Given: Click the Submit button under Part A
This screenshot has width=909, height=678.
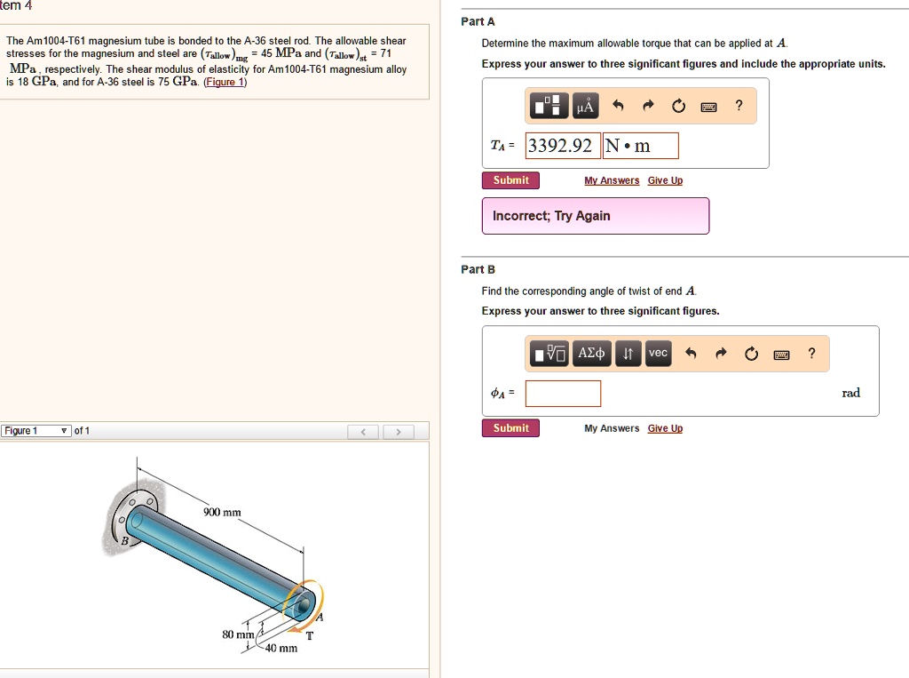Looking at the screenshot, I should pyautogui.click(x=510, y=180).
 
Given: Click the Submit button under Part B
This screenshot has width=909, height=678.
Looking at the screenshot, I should pyautogui.click(x=510, y=428).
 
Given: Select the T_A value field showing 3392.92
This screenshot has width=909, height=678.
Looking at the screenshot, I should pyautogui.click(x=562, y=146).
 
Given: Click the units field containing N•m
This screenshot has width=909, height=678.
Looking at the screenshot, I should pyautogui.click(x=640, y=146).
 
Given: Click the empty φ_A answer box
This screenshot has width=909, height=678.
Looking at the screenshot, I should pyautogui.click(x=563, y=394).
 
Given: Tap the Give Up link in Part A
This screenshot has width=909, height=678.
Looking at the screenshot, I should pyautogui.click(x=665, y=180).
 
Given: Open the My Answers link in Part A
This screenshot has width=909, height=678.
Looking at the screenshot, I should pyautogui.click(x=612, y=180).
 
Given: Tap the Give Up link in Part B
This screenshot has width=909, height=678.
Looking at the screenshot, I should pyautogui.click(x=665, y=428).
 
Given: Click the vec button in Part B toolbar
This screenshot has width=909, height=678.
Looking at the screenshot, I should pyautogui.click(x=657, y=354).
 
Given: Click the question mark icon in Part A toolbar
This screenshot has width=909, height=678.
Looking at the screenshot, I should pyautogui.click(x=739, y=108).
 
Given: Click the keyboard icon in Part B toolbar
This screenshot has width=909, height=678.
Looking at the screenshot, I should pyautogui.click(x=781, y=355).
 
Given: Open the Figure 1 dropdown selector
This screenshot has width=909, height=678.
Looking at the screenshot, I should pyautogui.click(x=36, y=431).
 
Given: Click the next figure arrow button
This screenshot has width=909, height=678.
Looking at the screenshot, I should pyautogui.click(x=399, y=432).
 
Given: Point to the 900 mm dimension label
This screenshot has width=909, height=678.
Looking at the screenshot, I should pyautogui.click(x=222, y=513).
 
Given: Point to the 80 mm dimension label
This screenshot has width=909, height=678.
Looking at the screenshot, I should pyautogui.click(x=238, y=634).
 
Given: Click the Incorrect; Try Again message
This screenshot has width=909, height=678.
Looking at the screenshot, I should pyautogui.click(x=595, y=216).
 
